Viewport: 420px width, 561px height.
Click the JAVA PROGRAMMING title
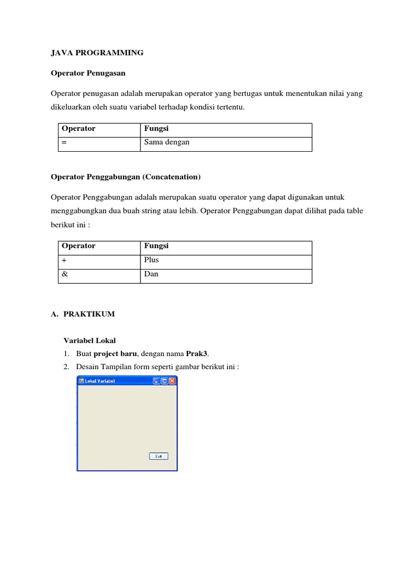tap(97, 53)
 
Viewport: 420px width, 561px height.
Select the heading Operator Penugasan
tap(87, 72)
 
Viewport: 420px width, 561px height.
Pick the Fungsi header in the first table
tap(156, 129)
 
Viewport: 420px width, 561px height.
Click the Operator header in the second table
tap(78, 246)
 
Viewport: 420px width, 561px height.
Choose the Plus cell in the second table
tap(151, 260)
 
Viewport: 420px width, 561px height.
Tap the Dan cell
tap(151, 274)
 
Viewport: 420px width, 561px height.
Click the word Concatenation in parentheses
tap(177, 177)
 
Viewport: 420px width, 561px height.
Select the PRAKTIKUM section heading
tap(89, 314)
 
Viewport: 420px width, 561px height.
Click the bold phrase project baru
tap(115, 353)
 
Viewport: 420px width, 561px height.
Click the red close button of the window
tap(172, 381)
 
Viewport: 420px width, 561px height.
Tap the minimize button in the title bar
tap(156, 381)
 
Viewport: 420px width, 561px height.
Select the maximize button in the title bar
tap(164, 381)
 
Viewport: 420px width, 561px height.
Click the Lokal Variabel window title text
tap(100, 381)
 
